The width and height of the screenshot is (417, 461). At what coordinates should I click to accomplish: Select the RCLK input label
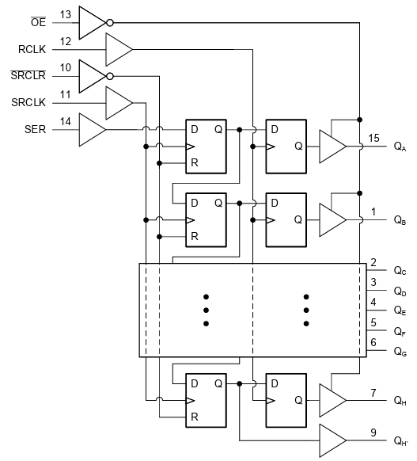[32, 49]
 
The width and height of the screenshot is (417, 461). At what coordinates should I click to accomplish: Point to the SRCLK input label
[32, 103]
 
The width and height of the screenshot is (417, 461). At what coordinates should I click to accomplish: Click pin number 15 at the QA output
[374, 138]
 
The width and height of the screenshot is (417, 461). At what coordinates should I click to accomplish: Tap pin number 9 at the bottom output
[374, 432]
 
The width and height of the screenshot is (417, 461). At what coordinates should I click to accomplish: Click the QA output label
[400, 148]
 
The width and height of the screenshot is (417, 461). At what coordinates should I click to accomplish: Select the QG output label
[400, 351]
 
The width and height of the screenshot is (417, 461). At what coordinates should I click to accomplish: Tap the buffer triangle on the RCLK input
[118, 49]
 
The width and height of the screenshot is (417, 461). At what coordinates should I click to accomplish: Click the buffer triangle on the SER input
[92, 129]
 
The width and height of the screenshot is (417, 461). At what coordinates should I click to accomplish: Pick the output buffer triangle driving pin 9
[332, 440]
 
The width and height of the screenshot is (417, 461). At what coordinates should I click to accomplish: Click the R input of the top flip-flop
[194, 164]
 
